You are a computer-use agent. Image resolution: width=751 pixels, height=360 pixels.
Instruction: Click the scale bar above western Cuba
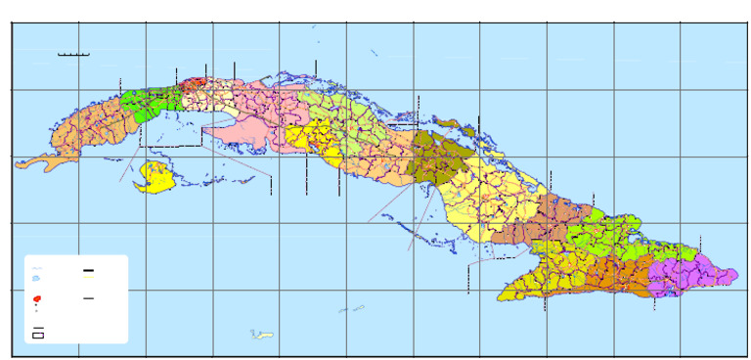point(74,55)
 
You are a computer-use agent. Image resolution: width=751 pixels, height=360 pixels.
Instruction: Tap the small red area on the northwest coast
point(199,83)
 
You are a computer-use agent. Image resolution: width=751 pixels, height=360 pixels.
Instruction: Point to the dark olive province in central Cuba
point(435,158)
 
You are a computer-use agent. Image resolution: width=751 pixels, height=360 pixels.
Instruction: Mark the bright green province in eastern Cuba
point(606,240)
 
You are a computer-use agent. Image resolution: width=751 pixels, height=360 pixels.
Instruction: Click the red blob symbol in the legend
point(37,297)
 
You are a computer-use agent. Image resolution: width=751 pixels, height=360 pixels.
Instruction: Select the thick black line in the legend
point(88,270)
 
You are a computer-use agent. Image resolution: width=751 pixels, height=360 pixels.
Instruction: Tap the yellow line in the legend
point(88,277)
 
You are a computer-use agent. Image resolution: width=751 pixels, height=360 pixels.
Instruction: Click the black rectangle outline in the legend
point(38,335)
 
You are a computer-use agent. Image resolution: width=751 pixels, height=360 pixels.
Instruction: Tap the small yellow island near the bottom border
point(261,336)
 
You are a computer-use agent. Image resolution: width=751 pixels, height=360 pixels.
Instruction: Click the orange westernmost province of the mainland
point(88,127)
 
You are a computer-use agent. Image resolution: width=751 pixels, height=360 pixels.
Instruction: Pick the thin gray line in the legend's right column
point(88,297)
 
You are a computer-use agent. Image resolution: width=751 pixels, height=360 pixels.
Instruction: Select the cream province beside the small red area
point(220,98)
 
